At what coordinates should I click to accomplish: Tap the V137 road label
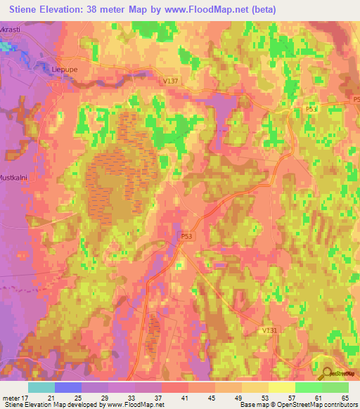pos(170,82)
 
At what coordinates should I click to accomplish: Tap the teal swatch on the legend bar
pos(41,387)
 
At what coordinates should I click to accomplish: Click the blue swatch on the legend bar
pos(68,387)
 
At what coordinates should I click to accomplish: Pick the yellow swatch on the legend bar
pos(281,387)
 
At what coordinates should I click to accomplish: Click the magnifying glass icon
pos(325,374)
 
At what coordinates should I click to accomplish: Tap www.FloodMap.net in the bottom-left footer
pos(133,405)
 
